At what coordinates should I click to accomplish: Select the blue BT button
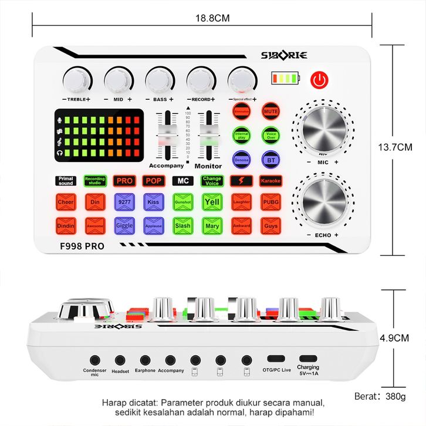coord(271,160)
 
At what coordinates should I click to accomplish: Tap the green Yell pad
coord(211,202)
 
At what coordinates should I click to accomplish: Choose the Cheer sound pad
coord(66,202)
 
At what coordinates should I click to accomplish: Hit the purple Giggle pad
coord(124,225)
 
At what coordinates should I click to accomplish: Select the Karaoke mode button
coord(271,181)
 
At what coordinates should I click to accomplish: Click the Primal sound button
coord(66,181)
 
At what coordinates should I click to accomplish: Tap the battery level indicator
coord(285,79)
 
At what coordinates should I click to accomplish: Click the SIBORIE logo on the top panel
coord(285,55)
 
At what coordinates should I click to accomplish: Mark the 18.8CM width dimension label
coord(212,18)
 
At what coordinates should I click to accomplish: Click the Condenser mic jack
coord(94,359)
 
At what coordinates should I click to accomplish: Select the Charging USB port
coord(307,359)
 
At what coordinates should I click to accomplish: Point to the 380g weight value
coord(395,396)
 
